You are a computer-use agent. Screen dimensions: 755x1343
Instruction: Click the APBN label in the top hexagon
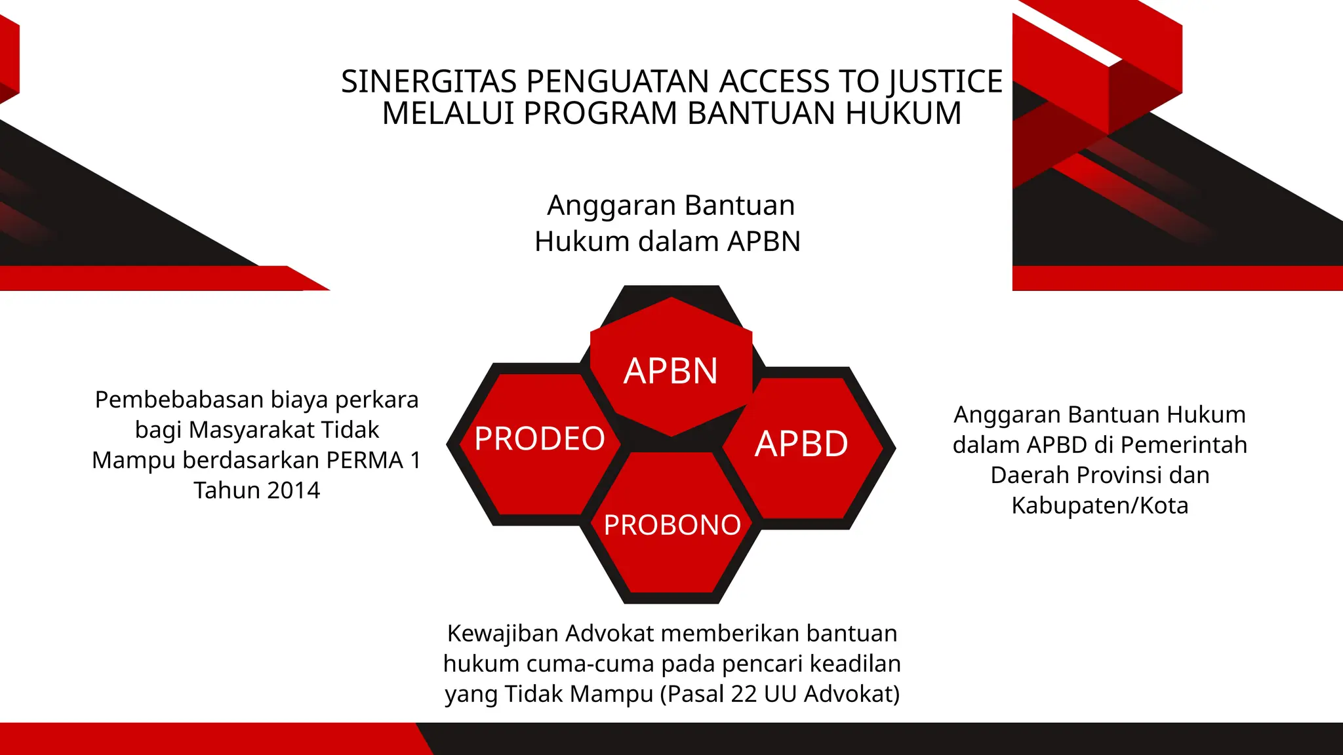(x=671, y=371)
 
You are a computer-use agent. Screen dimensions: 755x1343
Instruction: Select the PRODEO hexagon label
(x=540, y=438)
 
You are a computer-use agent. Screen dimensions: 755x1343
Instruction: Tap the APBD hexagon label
(x=801, y=444)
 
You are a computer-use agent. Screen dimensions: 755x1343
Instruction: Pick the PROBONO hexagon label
(x=672, y=525)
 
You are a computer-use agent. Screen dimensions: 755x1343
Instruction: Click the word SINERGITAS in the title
(x=429, y=82)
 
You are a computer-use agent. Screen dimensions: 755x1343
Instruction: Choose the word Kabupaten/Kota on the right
(x=1100, y=505)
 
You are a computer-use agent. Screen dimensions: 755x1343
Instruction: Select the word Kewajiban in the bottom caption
(x=502, y=634)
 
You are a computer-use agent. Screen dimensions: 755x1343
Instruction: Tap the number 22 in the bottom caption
(x=744, y=694)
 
